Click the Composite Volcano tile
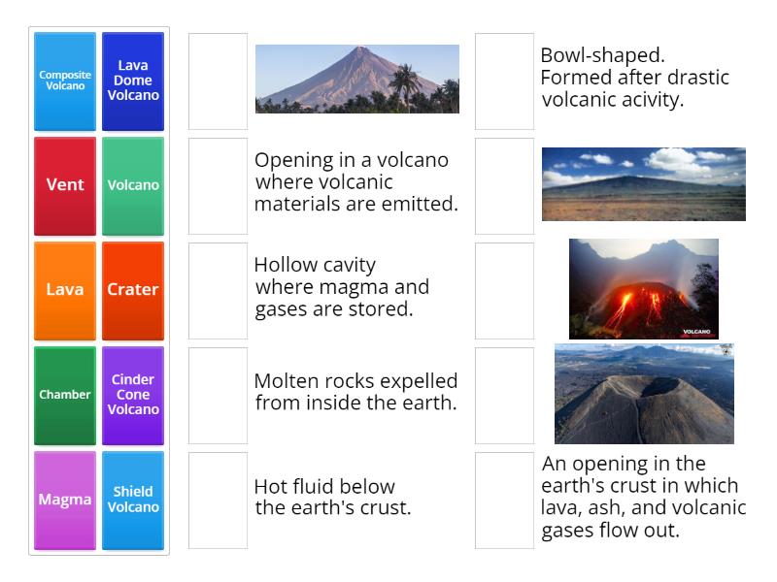(x=65, y=81)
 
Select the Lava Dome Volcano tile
(x=133, y=81)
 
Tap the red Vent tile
(x=65, y=185)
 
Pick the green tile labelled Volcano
(x=133, y=185)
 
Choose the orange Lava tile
(x=65, y=290)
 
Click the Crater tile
(x=133, y=290)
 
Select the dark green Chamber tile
(x=65, y=395)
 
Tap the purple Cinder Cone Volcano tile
(x=133, y=395)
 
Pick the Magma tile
(x=65, y=500)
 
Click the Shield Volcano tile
(x=133, y=500)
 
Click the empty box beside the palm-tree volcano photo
(x=218, y=81)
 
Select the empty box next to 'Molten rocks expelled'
(x=218, y=395)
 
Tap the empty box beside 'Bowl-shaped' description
(x=504, y=81)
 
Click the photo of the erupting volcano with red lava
(x=643, y=288)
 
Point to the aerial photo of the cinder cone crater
(x=643, y=393)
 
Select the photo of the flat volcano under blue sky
(x=643, y=184)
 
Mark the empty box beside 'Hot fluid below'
(x=218, y=500)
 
